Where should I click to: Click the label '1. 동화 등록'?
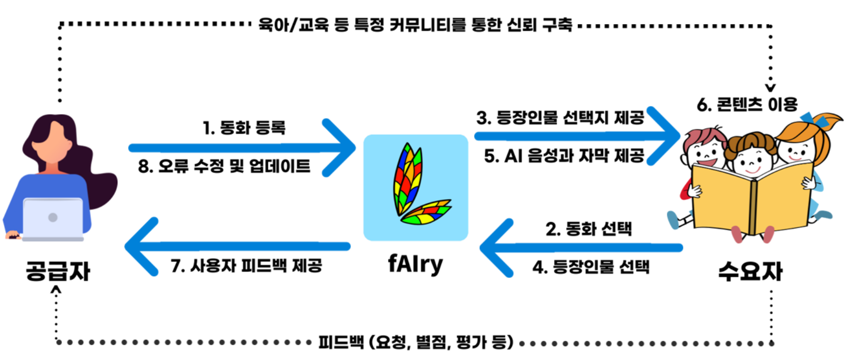[244, 128]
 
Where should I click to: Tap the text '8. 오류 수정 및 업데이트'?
[224, 166]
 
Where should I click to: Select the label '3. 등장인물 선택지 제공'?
[560, 118]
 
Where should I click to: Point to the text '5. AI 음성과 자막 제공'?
[564, 156]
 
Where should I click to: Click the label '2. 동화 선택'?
[588, 229]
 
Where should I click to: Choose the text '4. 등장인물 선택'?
[591, 267]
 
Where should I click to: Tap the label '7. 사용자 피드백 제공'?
[246, 266]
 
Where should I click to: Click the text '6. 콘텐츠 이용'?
[747, 104]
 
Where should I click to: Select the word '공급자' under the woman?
[58, 271]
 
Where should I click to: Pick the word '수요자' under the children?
[750, 271]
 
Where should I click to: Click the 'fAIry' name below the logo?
[415, 264]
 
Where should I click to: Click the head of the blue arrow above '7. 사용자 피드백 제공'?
[140, 246]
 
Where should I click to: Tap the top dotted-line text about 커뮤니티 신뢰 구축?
[415, 25]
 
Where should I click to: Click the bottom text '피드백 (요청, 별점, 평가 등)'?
[415, 342]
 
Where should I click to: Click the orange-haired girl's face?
[795, 150]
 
